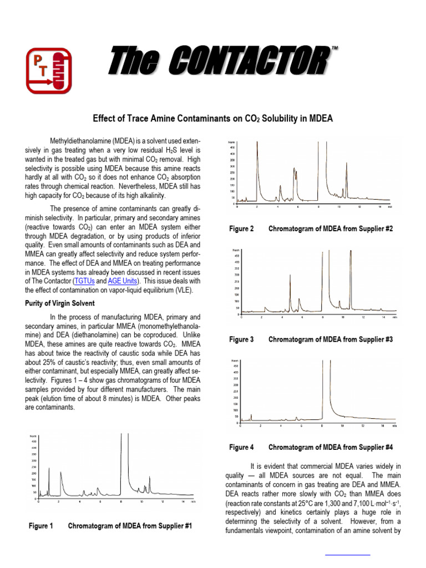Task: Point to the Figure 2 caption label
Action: coord(241,229)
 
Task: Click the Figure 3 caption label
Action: coord(241,339)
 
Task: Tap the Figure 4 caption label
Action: coord(241,447)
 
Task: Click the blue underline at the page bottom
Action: coord(347,554)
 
